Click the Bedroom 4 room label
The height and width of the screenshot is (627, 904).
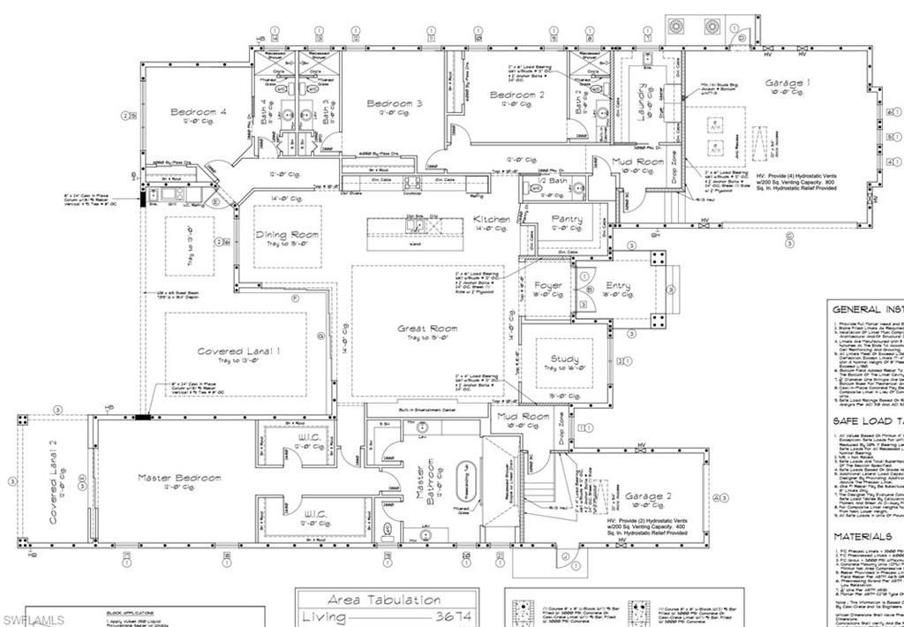click(x=199, y=112)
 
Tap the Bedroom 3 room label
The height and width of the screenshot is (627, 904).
click(x=394, y=103)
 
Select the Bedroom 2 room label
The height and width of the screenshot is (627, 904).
click(x=517, y=94)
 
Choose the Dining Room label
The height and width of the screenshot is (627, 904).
click(x=287, y=234)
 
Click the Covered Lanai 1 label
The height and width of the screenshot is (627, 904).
click(x=238, y=351)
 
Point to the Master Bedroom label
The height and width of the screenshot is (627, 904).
click(x=179, y=478)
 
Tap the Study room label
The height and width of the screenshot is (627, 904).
click(x=564, y=359)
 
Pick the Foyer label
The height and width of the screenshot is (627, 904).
click(x=547, y=285)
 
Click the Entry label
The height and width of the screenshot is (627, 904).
click(x=618, y=285)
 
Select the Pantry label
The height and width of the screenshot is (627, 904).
click(x=566, y=218)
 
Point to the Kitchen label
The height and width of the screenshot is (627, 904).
click(x=491, y=218)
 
